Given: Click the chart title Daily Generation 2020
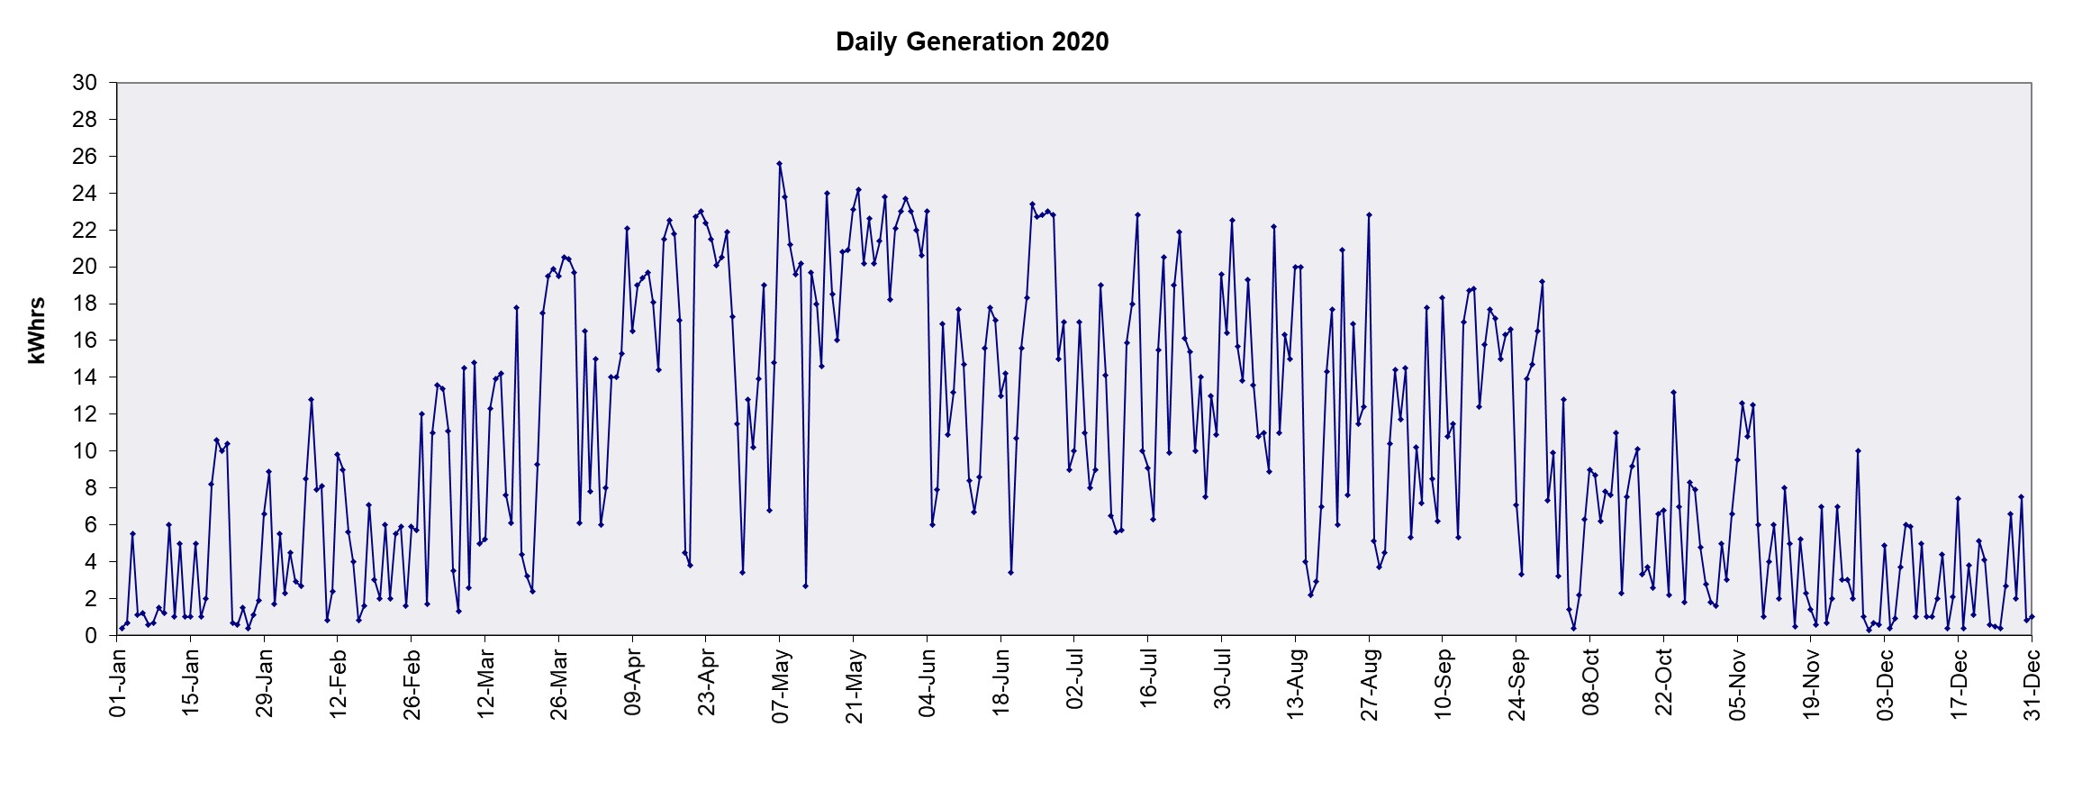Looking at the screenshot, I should [x=972, y=42].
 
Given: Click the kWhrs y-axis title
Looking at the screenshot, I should [x=37, y=331].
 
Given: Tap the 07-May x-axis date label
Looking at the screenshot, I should [x=781, y=686].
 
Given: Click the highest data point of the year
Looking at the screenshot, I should [x=779, y=164].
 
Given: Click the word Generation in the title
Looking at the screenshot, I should [x=973, y=42].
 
